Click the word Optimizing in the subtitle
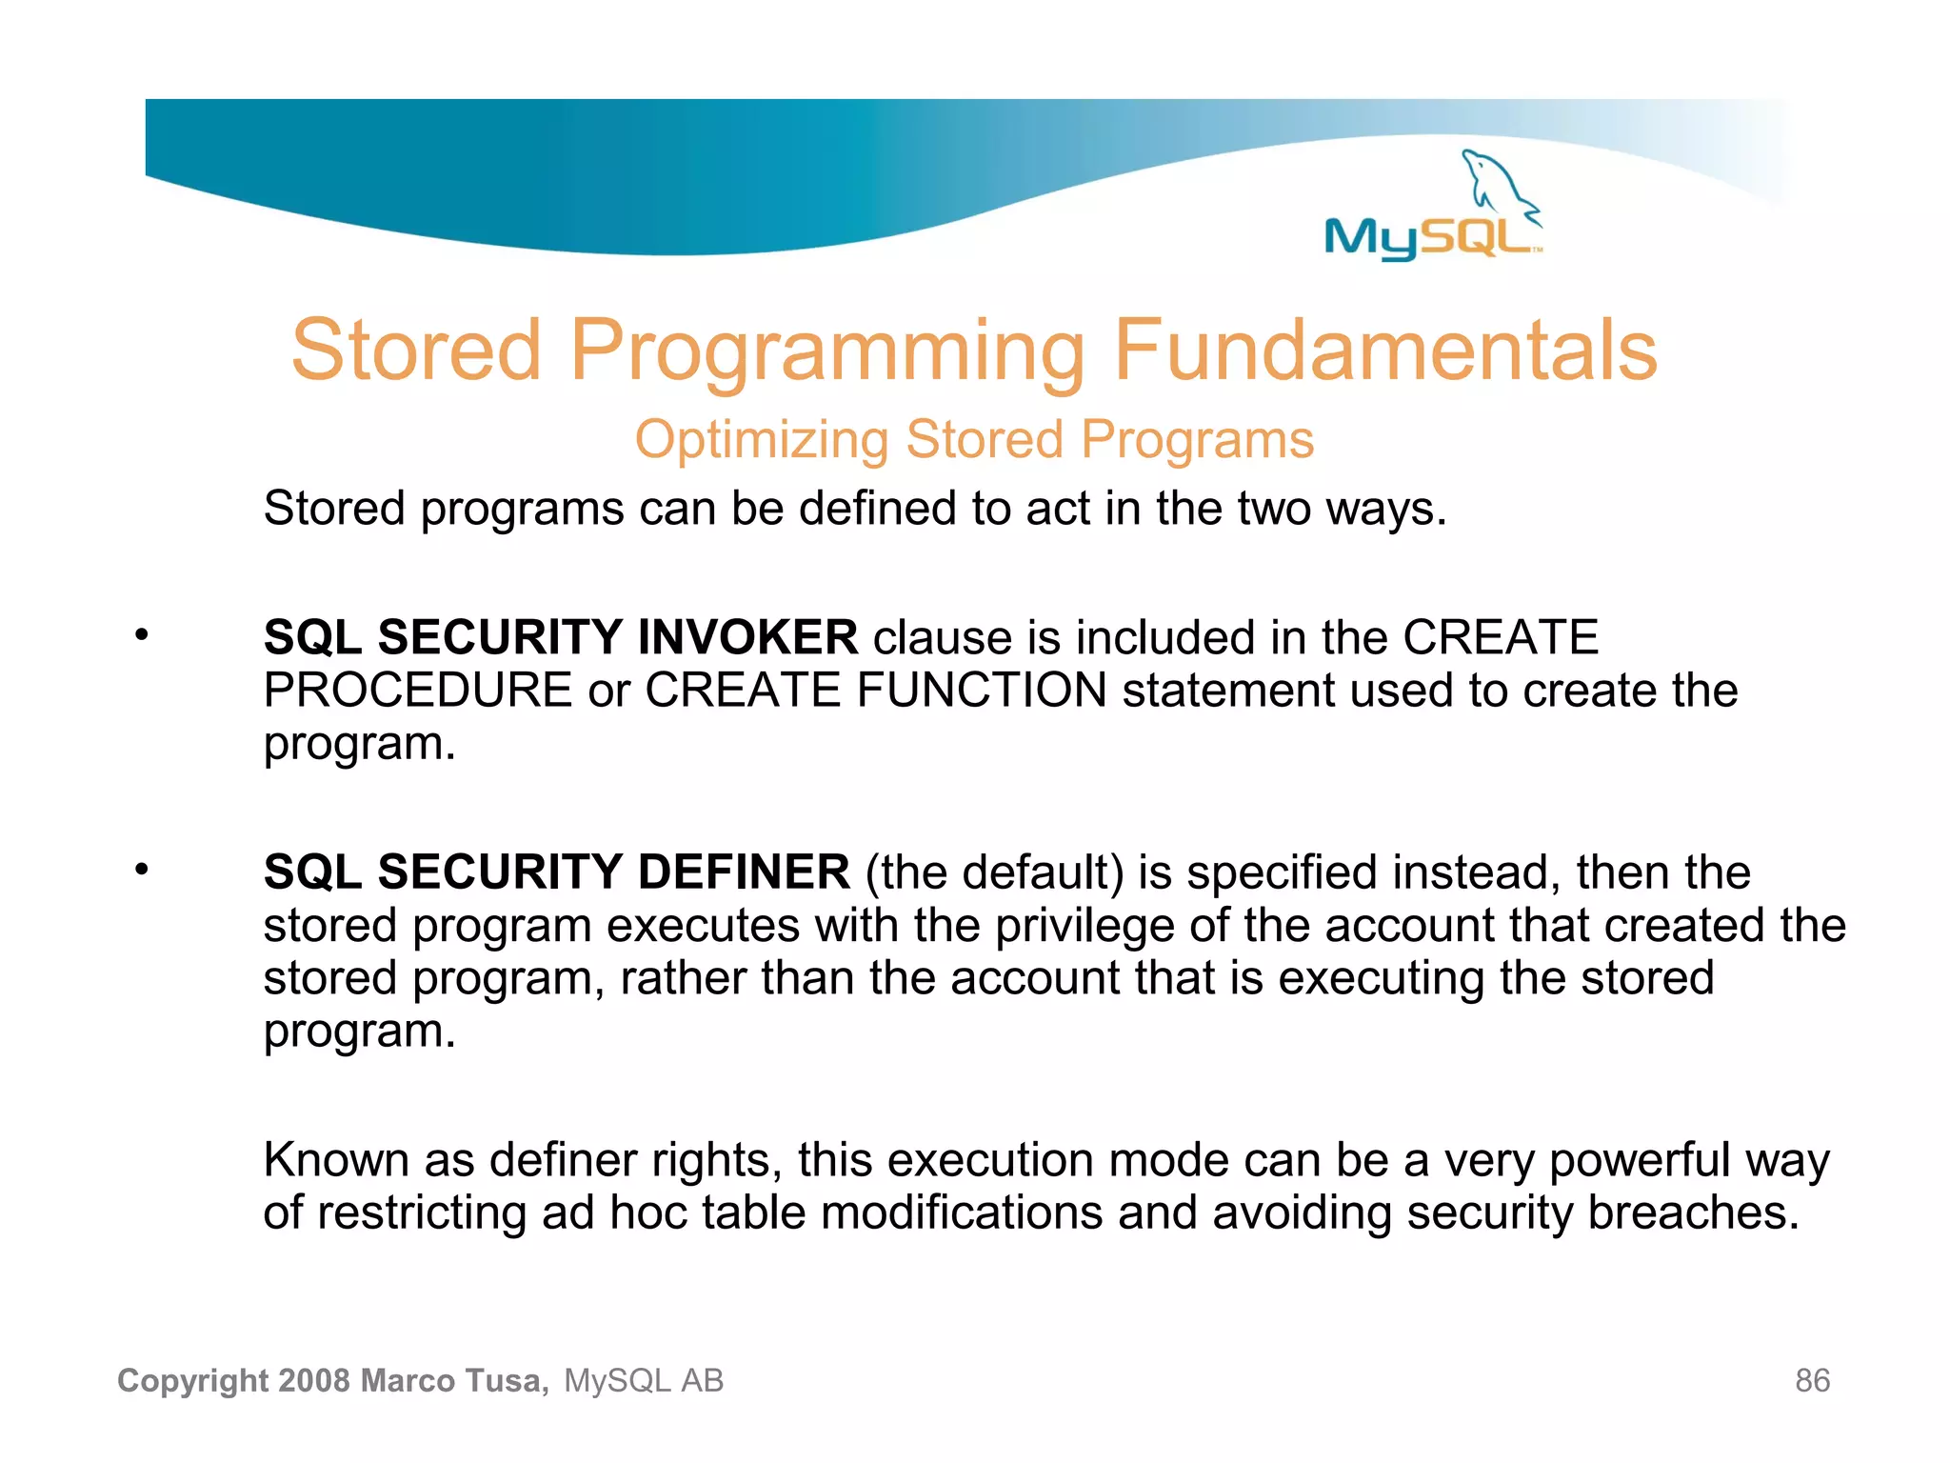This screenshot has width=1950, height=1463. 762,441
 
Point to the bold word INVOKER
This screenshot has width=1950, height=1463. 747,637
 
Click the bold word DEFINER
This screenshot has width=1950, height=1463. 743,872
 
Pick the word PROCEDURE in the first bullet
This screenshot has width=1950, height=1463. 417,691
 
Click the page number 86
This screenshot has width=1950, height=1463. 1812,1381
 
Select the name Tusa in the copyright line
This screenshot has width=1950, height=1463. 506,1381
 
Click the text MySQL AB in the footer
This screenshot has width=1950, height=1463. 644,1381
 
